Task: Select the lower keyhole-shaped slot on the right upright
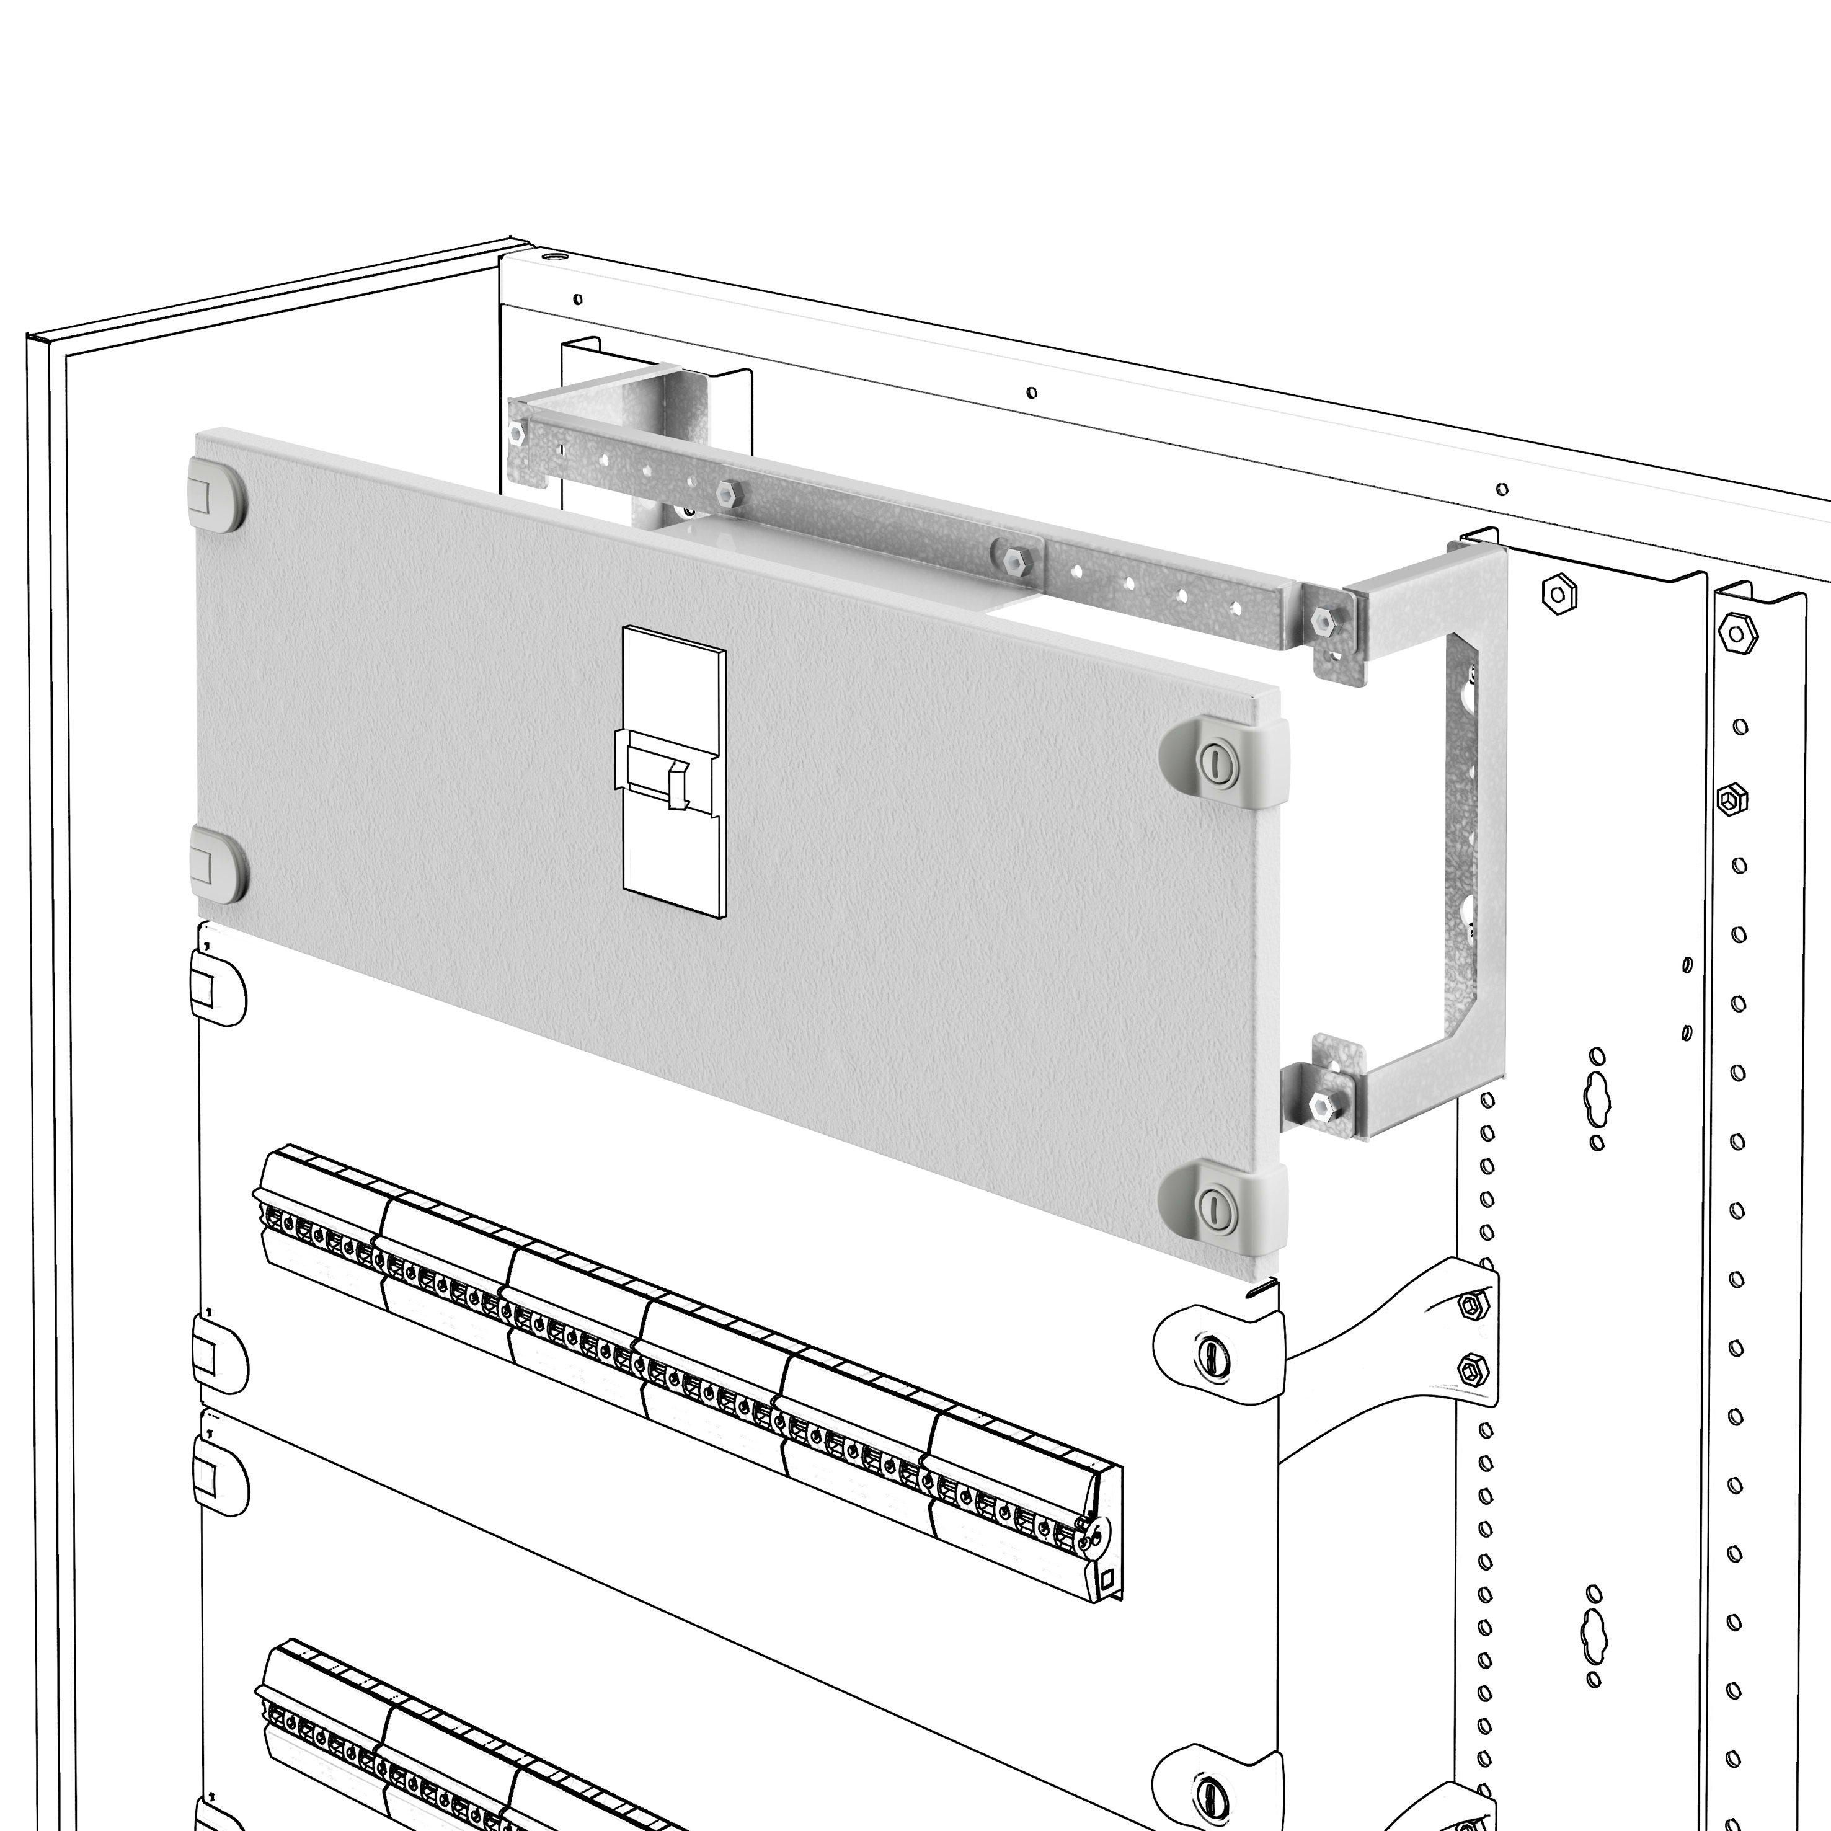(x=1594, y=1636)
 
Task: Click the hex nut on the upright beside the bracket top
(x=1558, y=594)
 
